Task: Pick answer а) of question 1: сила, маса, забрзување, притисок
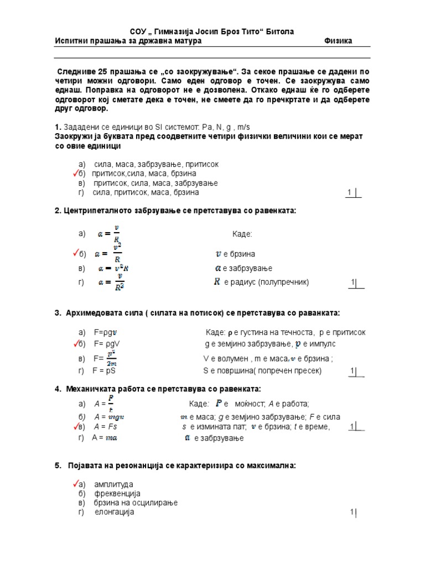click(x=156, y=164)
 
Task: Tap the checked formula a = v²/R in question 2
click(x=108, y=254)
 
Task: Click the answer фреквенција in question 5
click(x=117, y=493)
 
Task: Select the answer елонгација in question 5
click(x=114, y=512)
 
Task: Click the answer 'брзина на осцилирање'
click(x=136, y=502)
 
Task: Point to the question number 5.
click(x=58, y=465)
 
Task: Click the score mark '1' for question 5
click(x=351, y=513)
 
